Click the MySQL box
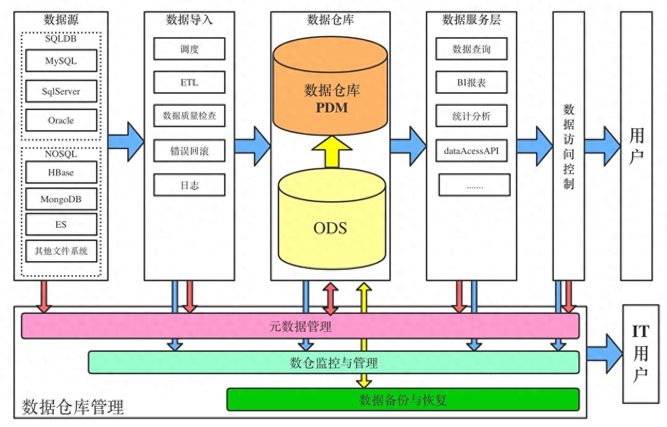pyautogui.click(x=61, y=61)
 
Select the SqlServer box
pyautogui.click(x=61, y=91)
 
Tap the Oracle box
pyautogui.click(x=61, y=120)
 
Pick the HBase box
pyautogui.click(x=61, y=172)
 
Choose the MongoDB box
pyautogui.click(x=61, y=199)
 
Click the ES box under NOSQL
pyautogui.click(x=61, y=224)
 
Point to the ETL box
pyautogui.click(x=190, y=82)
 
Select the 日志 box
pyautogui.click(x=190, y=185)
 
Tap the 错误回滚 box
pyautogui.click(x=190, y=151)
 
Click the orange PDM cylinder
pyautogui.click(x=330, y=86)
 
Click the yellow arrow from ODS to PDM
pyautogui.click(x=332, y=152)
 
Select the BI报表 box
pyautogui.click(x=472, y=82)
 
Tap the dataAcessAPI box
pyautogui.click(x=472, y=151)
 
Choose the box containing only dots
pyautogui.click(x=474, y=185)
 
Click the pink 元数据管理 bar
pyautogui.click(x=300, y=326)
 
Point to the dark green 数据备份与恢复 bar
pyautogui.click(x=403, y=400)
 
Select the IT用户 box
pyautogui.click(x=641, y=354)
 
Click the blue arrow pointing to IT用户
pyautogui.click(x=605, y=354)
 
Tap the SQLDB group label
pyautogui.click(x=61, y=39)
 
